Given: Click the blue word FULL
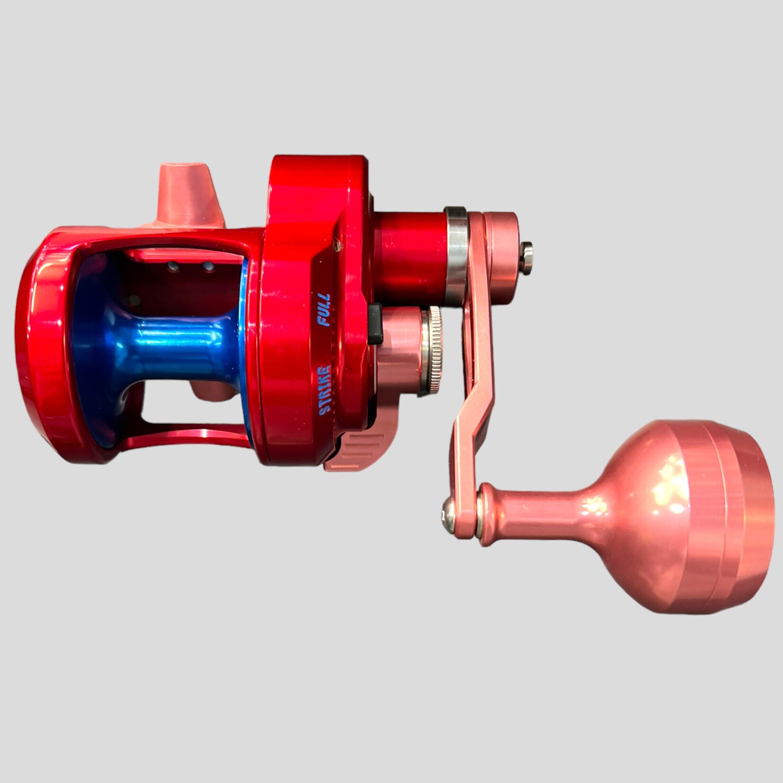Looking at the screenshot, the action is click(x=324, y=310).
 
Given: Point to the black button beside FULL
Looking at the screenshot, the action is click(x=375, y=324).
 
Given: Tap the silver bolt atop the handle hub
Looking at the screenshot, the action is click(x=525, y=257).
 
